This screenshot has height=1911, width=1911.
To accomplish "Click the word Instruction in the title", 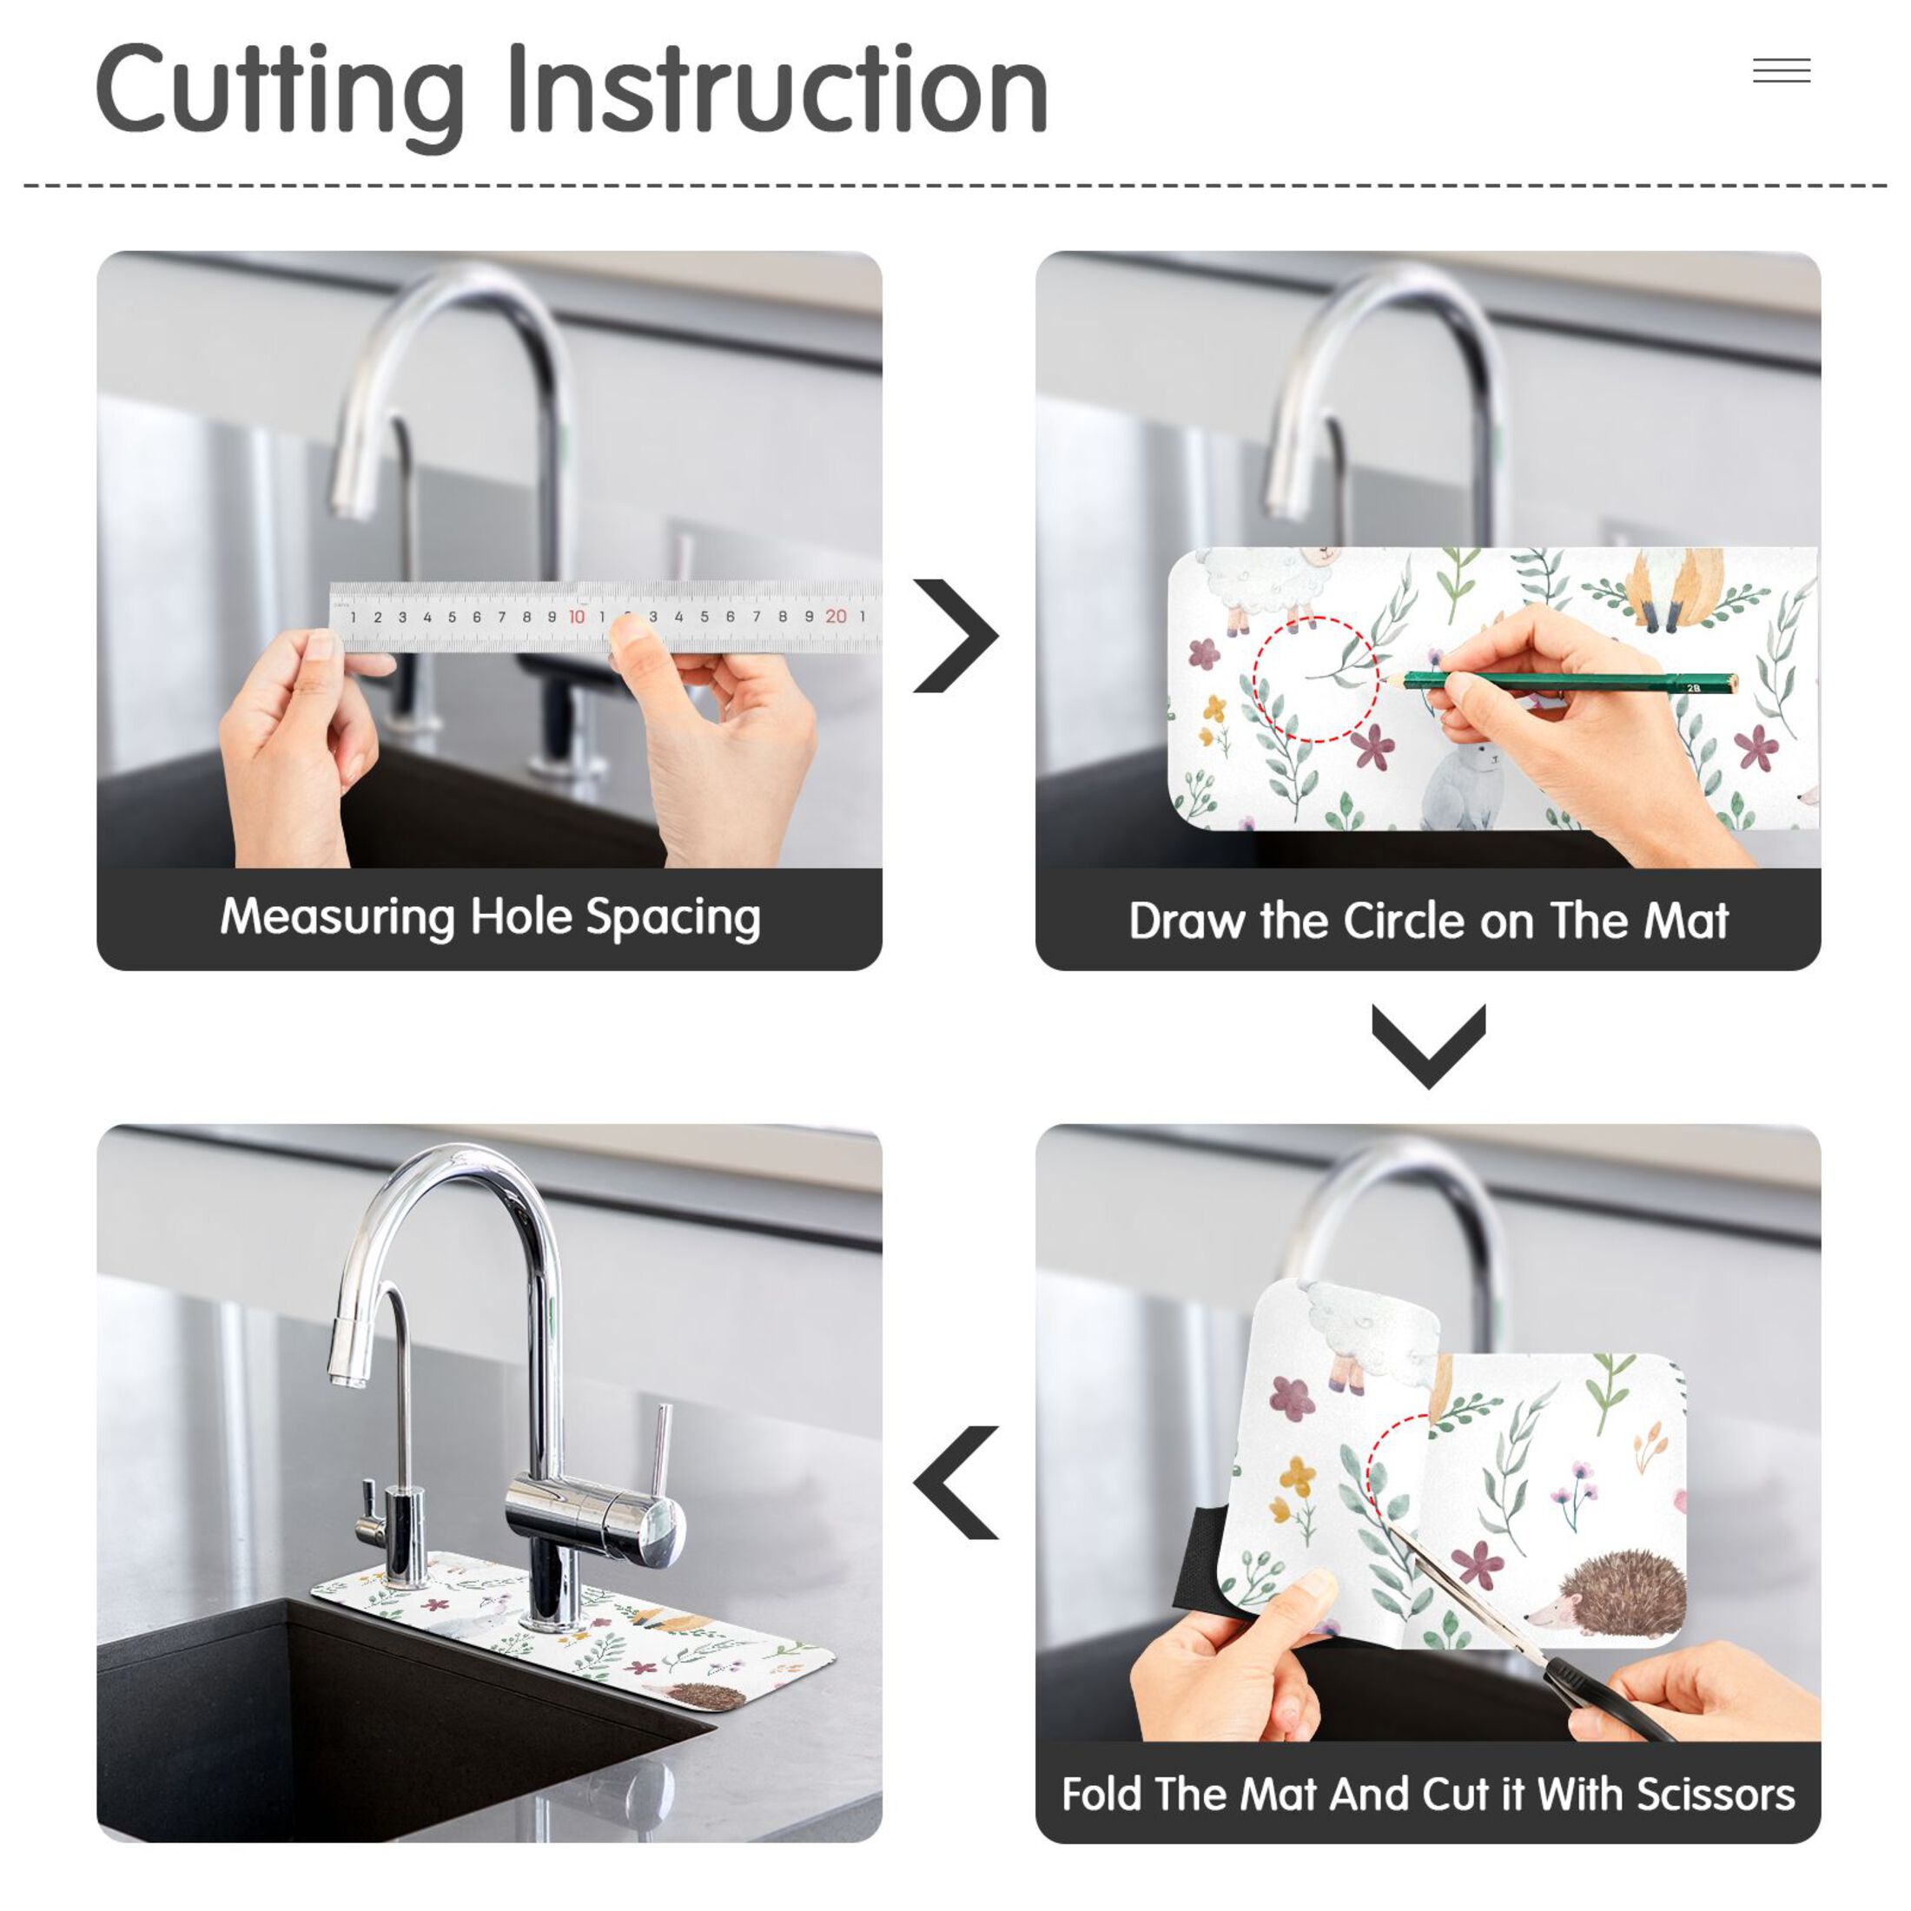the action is (777, 89).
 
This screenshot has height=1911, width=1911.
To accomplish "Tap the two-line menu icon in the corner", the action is (1782, 70).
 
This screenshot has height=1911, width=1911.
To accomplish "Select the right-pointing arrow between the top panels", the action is (955, 635).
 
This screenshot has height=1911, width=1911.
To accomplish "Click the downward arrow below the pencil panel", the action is (1428, 1047).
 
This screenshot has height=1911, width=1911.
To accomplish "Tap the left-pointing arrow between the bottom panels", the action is (955, 1483).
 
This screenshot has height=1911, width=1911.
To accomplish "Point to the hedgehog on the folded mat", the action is (1610, 1595).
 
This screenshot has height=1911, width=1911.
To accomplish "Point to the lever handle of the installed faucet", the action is (660, 1454).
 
